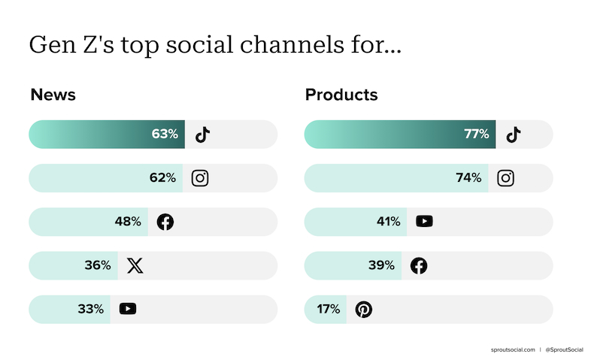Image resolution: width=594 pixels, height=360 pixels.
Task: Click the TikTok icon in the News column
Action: pos(203,135)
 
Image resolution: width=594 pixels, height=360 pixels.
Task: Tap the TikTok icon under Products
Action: pos(514,135)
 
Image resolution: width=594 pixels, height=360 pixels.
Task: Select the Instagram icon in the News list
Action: pos(200,178)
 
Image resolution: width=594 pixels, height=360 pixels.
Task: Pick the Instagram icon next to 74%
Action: pos(505,178)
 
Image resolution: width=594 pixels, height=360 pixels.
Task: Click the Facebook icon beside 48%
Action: pos(165,222)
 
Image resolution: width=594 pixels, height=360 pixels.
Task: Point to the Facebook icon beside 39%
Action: pos(419,265)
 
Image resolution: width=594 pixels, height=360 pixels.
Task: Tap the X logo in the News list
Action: pos(135,265)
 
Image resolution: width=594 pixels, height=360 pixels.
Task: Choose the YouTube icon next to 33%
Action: pos(128,309)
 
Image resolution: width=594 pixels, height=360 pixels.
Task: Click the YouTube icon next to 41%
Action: pos(424,222)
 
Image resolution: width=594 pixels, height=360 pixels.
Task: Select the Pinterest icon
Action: pos(364,310)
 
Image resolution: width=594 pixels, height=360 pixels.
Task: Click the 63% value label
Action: pos(165,134)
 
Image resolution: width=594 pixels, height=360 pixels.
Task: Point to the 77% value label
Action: pos(477,134)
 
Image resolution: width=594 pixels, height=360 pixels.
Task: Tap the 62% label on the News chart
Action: pos(162,177)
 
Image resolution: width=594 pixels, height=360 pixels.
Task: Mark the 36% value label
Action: pos(98,265)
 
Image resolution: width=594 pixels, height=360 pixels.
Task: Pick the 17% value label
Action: pos(329,309)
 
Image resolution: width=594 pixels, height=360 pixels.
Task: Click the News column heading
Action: pos(53,95)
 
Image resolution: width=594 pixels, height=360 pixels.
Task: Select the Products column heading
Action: pos(341,95)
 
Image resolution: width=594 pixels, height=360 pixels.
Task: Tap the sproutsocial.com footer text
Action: pos(513,349)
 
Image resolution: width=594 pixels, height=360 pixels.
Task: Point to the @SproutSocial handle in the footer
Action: pos(564,349)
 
